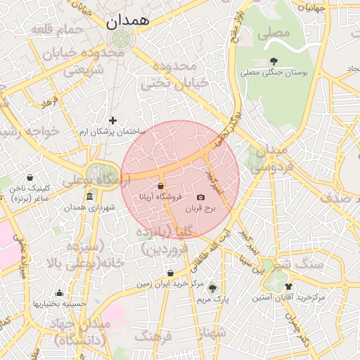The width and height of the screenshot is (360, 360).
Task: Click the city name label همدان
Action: pos(128,22)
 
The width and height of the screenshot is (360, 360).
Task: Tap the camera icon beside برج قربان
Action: pos(200,198)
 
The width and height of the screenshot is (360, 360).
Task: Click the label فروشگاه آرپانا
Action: pos(161,198)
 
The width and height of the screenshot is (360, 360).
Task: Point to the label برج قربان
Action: pos(209,209)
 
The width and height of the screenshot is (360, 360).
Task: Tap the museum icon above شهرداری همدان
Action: pos(89,197)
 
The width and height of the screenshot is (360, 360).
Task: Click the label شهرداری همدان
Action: pos(89,208)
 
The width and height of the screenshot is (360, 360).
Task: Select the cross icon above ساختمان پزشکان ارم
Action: pos(112,121)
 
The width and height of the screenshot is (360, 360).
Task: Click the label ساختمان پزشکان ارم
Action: pos(112,131)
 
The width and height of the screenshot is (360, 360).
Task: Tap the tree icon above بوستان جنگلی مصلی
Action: pos(274,61)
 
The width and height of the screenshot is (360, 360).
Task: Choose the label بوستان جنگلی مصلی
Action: pos(274,72)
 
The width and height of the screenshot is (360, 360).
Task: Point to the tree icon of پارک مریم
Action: pos(212,288)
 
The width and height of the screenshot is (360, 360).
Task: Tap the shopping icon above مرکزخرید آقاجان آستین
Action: pos(288,286)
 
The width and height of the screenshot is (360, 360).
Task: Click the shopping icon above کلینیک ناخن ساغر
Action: pos(30,178)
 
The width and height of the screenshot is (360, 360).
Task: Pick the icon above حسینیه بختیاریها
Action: pos(59,293)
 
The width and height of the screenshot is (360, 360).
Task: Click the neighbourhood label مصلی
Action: pos(274,33)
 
